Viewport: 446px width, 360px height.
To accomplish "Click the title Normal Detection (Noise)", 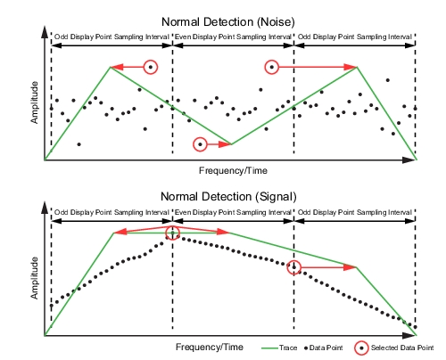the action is pyautogui.click(x=228, y=22).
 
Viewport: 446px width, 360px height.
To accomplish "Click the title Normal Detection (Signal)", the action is pyautogui.click(x=228, y=197).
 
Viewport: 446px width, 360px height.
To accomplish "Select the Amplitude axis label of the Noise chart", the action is pyautogui.click(x=35, y=102).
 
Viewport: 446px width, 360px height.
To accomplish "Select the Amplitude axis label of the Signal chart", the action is pyautogui.click(x=35, y=278).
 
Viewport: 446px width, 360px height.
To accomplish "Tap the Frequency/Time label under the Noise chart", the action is pyautogui.click(x=233, y=171).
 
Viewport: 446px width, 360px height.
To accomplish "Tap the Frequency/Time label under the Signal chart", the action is pyautogui.click(x=210, y=347).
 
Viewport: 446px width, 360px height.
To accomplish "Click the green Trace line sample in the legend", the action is pyautogui.click(x=269, y=348).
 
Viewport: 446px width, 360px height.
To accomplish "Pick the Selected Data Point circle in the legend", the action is pyautogui.click(x=361, y=348).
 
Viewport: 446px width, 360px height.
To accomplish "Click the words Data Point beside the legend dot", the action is pyautogui.click(x=326, y=348).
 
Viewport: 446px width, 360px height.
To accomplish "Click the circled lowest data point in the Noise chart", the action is pyautogui.click(x=200, y=144).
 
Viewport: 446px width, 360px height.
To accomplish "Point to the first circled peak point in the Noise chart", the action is pyautogui.click(x=151, y=67).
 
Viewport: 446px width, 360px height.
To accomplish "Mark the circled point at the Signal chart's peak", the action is pyautogui.click(x=173, y=233).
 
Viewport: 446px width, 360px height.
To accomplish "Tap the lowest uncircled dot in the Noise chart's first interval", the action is pyautogui.click(x=78, y=144).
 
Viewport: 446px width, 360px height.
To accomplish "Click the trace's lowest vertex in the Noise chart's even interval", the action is pyautogui.click(x=232, y=144).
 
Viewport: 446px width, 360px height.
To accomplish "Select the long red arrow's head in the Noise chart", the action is pyautogui.click(x=351, y=67).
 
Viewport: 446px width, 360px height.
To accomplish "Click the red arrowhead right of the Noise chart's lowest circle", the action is pyautogui.click(x=225, y=144).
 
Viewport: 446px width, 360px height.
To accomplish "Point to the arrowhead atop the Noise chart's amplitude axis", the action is pyautogui.click(x=45, y=32).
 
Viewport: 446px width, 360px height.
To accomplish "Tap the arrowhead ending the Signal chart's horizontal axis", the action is pyautogui.click(x=409, y=336).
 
